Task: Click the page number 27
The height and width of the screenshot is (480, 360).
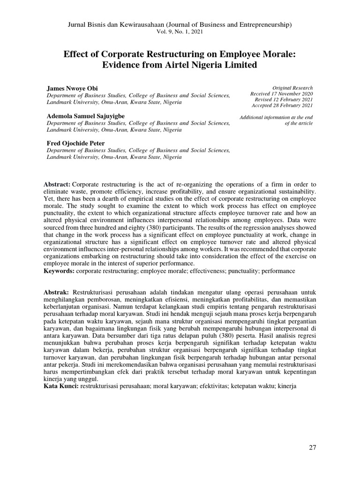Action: (x=313, y=447)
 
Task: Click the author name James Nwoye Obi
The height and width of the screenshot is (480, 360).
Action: (x=73, y=88)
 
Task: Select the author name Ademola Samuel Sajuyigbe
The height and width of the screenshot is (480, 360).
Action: (x=85, y=116)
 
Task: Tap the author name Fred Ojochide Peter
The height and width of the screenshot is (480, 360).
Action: (x=75, y=143)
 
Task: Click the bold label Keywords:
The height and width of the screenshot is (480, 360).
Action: (x=59, y=271)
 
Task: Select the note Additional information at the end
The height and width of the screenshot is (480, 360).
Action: (x=276, y=117)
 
